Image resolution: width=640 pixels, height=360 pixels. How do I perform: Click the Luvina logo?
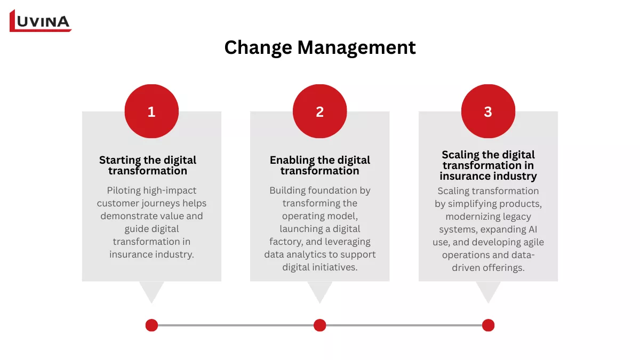[41, 21]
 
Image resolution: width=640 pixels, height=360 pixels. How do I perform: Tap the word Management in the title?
[356, 47]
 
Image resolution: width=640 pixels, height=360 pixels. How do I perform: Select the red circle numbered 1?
[151, 111]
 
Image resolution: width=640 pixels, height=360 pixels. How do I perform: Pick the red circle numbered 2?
[319, 111]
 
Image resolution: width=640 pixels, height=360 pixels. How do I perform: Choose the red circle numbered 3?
[488, 111]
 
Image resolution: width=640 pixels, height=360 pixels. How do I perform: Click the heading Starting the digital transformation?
[148, 165]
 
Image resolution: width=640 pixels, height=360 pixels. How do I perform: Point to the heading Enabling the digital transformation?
[319, 165]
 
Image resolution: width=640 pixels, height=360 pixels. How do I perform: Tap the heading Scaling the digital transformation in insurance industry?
[488, 165]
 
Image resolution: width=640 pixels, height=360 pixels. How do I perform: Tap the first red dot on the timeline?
[151, 325]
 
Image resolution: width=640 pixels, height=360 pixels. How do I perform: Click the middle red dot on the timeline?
[319, 325]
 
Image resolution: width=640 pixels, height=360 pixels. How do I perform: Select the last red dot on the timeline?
[488, 325]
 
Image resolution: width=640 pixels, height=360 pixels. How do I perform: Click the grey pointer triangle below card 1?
[151, 291]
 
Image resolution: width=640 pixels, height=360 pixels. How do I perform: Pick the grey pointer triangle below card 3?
[488, 291]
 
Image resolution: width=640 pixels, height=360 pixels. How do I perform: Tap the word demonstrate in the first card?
[128, 216]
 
